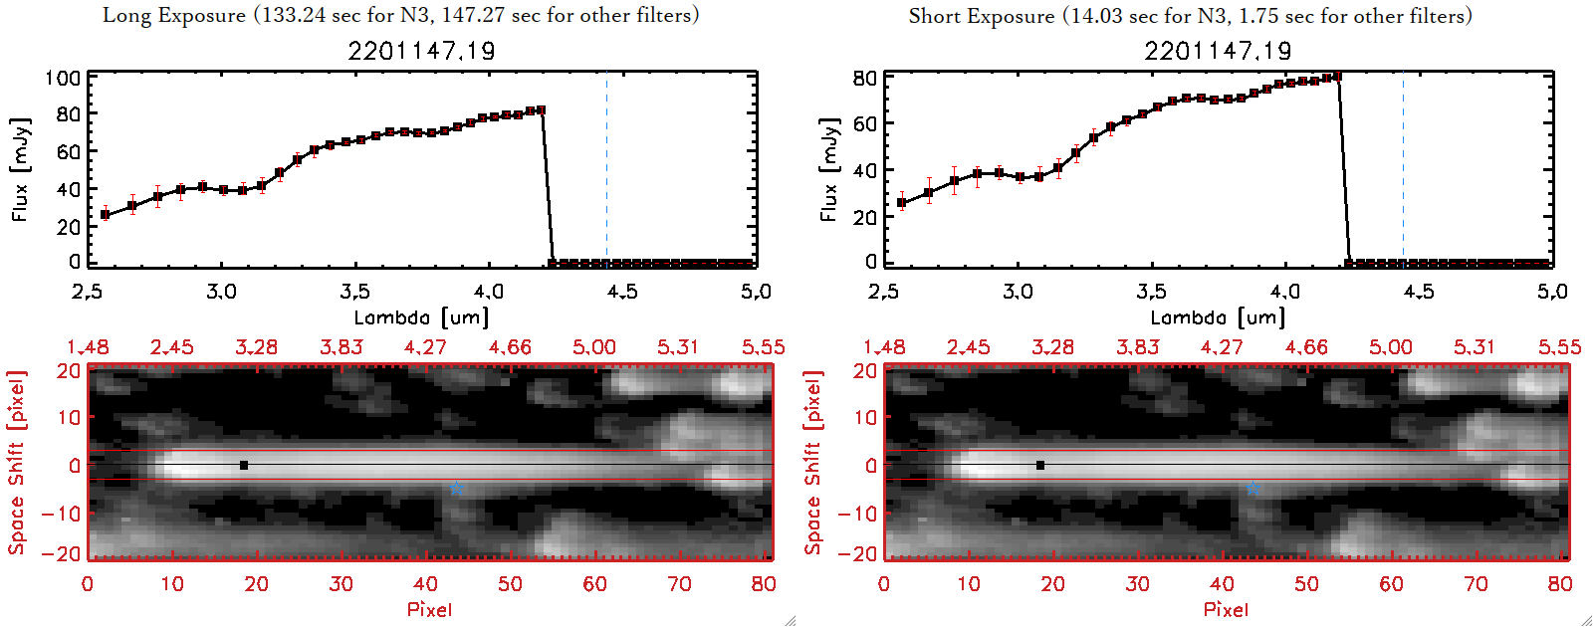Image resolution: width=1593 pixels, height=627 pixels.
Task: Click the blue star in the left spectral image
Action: click(x=456, y=488)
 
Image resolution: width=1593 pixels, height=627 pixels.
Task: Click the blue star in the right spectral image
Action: click(x=1252, y=488)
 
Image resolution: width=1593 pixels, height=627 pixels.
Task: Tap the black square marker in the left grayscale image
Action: click(x=244, y=465)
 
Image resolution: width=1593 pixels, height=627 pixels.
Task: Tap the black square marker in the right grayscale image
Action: click(x=1040, y=465)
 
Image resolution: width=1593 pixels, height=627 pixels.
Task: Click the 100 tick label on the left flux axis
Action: click(x=63, y=78)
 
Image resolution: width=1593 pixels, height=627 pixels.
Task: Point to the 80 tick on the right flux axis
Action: click(x=864, y=78)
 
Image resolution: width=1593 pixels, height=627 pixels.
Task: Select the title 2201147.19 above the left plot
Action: click(x=421, y=51)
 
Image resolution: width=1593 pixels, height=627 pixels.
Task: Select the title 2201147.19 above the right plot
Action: click(x=1218, y=51)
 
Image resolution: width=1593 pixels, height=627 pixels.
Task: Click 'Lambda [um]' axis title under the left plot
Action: click(x=421, y=317)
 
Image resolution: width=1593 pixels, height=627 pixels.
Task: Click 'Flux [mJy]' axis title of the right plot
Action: click(x=828, y=169)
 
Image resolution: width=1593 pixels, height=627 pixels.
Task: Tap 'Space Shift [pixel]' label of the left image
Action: click(x=16, y=463)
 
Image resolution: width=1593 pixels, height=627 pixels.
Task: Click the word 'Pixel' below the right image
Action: click(x=1226, y=609)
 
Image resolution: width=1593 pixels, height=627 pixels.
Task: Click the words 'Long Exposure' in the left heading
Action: click(x=174, y=15)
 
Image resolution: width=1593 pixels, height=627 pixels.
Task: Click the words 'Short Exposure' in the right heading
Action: click(x=981, y=16)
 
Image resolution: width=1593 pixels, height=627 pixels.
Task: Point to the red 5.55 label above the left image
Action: click(x=763, y=347)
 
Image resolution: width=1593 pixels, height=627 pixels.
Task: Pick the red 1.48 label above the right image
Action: click(x=884, y=347)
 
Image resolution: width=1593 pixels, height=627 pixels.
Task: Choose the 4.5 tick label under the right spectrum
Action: click(x=1419, y=292)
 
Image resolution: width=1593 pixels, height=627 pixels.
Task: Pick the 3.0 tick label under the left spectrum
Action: click(x=221, y=292)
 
